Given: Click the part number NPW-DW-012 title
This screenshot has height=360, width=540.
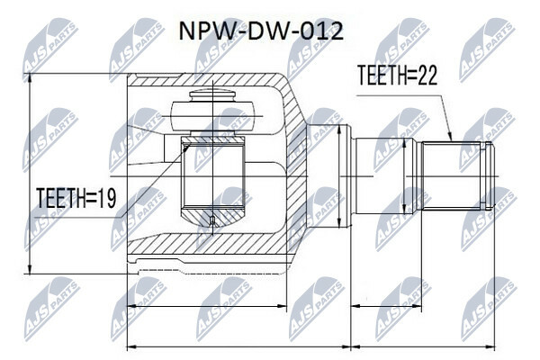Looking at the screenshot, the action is (261, 31).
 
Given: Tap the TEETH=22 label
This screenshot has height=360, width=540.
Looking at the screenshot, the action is (397, 75).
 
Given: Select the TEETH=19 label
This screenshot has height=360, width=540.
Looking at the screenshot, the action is (76, 198).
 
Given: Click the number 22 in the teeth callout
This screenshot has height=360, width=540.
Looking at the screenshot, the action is (427, 75).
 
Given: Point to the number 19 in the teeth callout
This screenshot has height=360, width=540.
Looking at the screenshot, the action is (107, 198).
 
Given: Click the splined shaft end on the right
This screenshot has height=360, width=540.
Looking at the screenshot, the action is (457, 176).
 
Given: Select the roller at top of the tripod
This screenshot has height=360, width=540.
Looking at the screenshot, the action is (213, 116).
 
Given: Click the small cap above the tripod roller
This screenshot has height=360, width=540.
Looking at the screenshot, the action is (212, 95).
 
